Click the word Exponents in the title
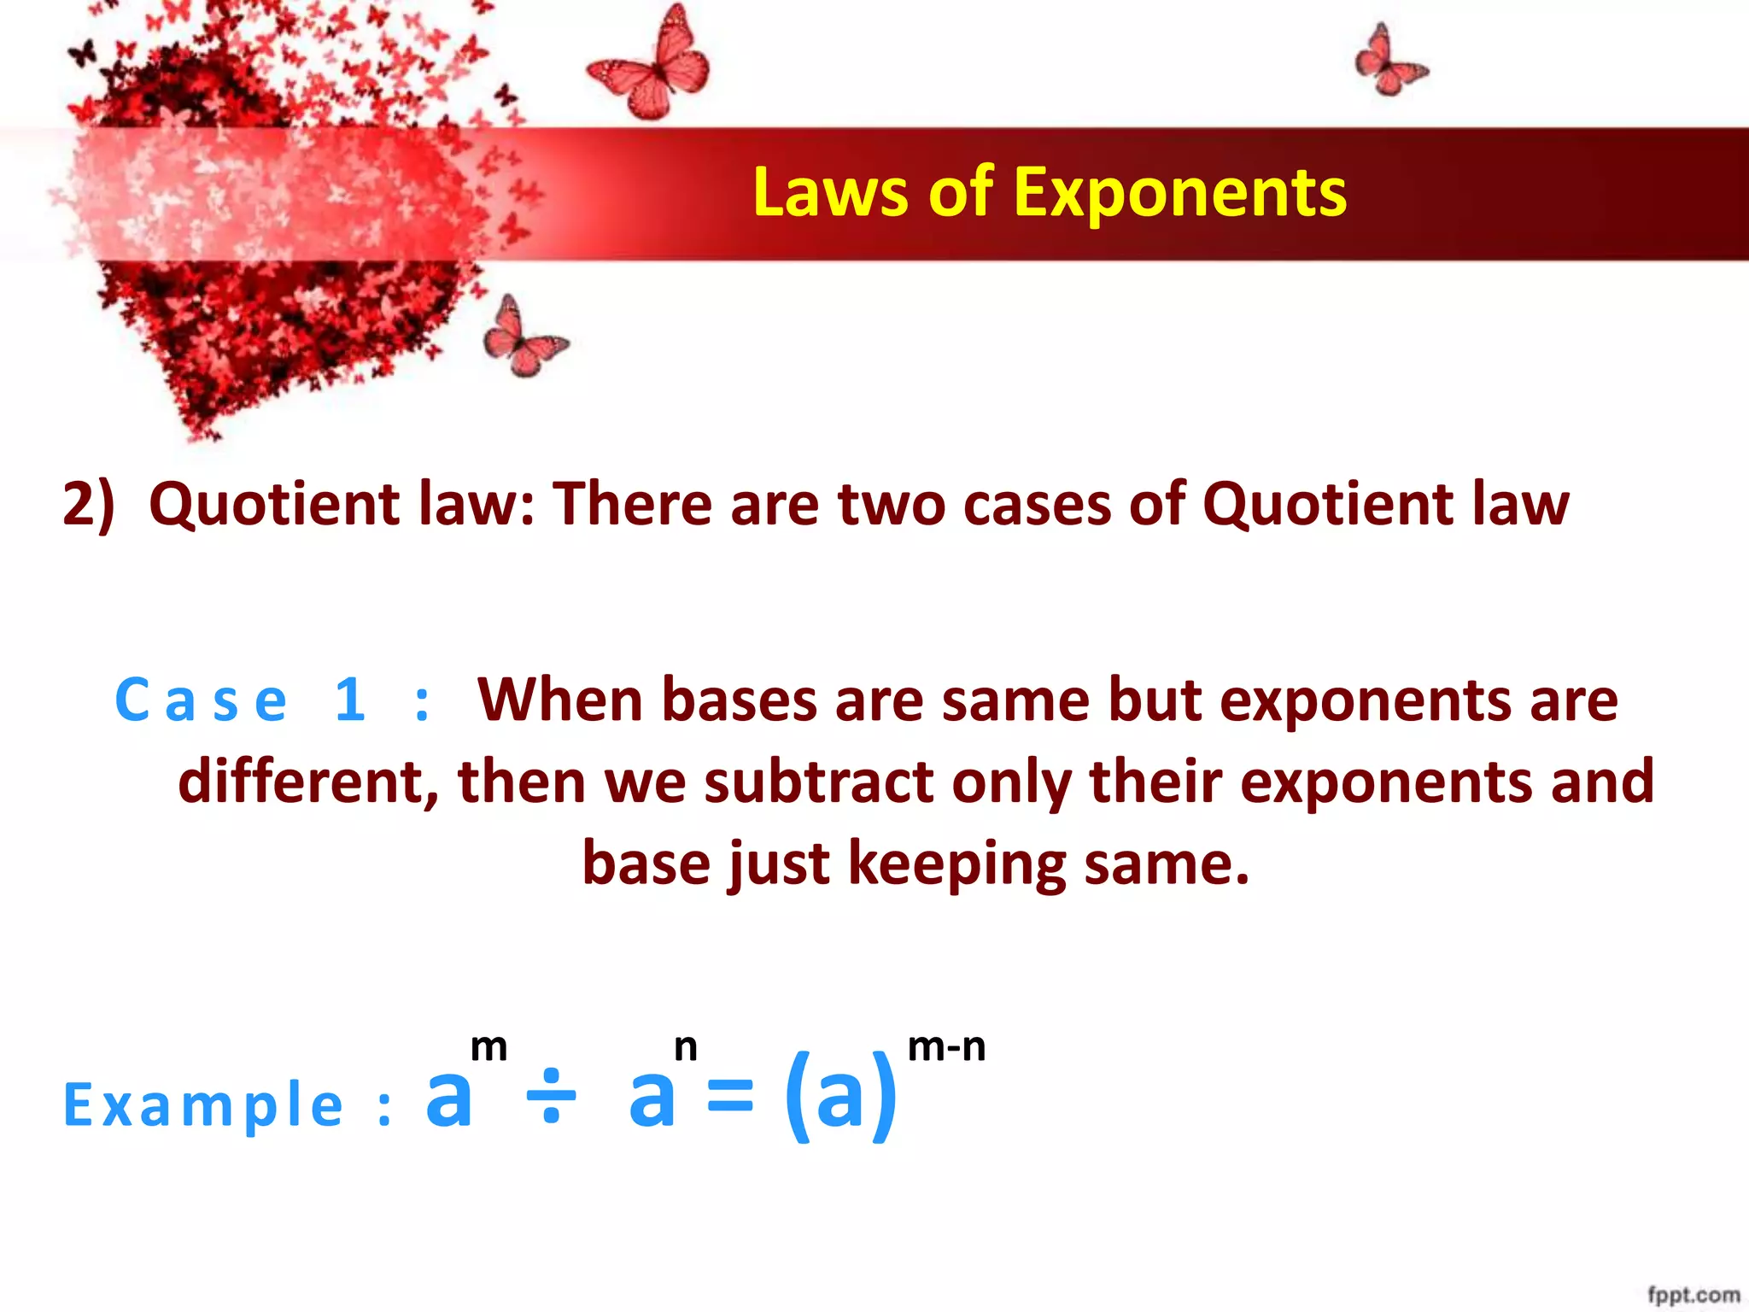pyautogui.click(x=1180, y=194)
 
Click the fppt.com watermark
pyautogui.click(x=1693, y=1295)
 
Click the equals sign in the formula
pyautogui.click(x=731, y=1097)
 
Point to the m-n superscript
pyautogui.click(x=946, y=1047)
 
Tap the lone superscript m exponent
pyautogui.click(x=489, y=1047)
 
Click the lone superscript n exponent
pyautogui.click(x=685, y=1047)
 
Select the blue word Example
pyautogui.click(x=203, y=1105)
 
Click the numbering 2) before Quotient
pyautogui.click(x=88, y=504)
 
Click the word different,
pyautogui.click(x=308, y=782)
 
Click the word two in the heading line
pyautogui.click(x=891, y=504)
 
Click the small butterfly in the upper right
pyautogui.click(x=1389, y=61)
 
